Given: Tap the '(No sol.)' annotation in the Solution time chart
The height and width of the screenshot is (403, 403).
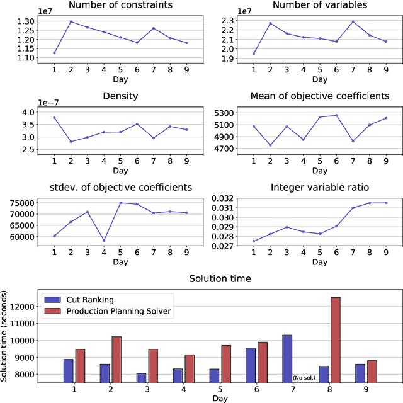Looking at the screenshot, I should [304, 378].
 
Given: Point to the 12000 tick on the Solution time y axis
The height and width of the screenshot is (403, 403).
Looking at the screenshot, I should [25, 306].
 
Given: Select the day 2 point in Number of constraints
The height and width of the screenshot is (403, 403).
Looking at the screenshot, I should [71, 21].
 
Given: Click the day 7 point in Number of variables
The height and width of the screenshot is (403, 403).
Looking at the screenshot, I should [352, 21].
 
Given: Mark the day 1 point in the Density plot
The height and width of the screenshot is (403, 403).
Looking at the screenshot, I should [54, 118].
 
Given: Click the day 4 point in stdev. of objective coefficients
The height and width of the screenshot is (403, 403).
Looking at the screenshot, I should [104, 240].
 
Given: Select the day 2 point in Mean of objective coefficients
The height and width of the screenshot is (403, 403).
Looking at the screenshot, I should [271, 145].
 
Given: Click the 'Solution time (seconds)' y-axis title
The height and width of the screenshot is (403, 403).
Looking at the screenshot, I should [6, 336].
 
